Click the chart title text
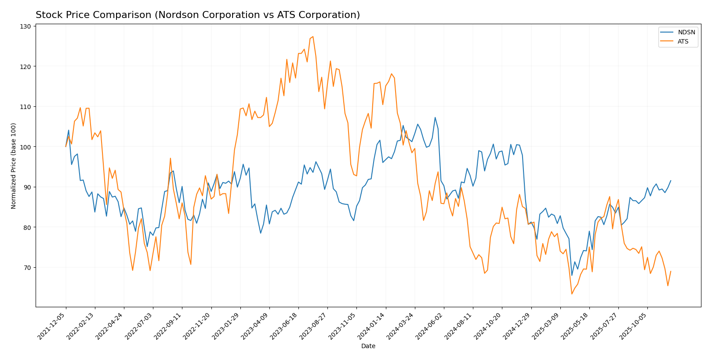click(198, 15)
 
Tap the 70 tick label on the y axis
click(26, 267)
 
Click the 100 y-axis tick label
click(25, 147)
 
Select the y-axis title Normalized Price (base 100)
click(14, 166)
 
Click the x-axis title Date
click(368, 346)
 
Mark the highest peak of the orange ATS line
click(313, 36)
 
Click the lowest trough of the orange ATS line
click(572, 294)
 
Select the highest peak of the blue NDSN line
click(435, 117)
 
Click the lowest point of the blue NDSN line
click(572, 276)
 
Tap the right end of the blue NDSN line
click(671, 180)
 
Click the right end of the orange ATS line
click(671, 271)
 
